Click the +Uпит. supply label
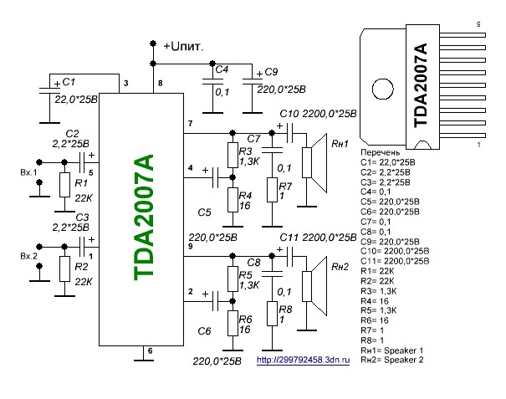click(x=185, y=43)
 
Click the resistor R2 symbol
click(x=63, y=268)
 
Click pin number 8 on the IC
click(x=161, y=84)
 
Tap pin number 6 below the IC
click(x=150, y=352)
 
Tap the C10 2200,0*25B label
click(x=318, y=113)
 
